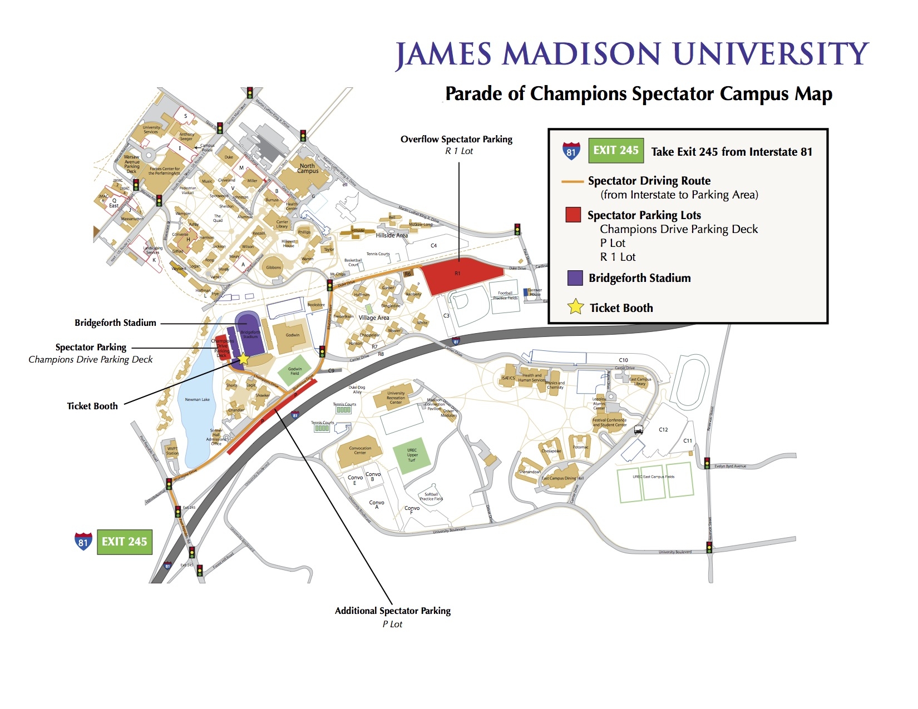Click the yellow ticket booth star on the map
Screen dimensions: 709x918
pyautogui.click(x=243, y=359)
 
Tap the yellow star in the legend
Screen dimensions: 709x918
pyautogui.click(x=575, y=308)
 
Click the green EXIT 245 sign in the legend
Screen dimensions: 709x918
pyautogui.click(x=616, y=151)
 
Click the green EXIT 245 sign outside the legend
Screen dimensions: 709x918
pyautogui.click(x=124, y=542)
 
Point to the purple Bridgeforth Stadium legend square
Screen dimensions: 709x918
pyautogui.click(x=575, y=278)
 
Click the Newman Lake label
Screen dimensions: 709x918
pyautogui.click(x=197, y=399)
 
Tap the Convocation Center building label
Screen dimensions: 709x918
pyautogui.click(x=360, y=450)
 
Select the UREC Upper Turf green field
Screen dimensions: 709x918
pyautogui.click(x=412, y=455)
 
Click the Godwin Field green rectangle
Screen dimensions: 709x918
pyautogui.click(x=294, y=371)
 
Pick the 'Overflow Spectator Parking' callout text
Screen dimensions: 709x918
pyautogui.click(x=456, y=140)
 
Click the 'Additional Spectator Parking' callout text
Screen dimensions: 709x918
pyautogui.click(x=392, y=611)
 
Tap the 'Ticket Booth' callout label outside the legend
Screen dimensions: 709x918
pyautogui.click(x=92, y=406)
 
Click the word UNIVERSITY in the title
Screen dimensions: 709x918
pyautogui.click(x=771, y=54)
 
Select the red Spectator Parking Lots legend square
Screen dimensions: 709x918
pyautogui.click(x=573, y=215)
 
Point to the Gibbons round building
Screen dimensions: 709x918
pyautogui.click(x=273, y=267)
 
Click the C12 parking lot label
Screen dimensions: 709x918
pyautogui.click(x=663, y=430)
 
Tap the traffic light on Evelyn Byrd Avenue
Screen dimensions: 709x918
pyautogui.click(x=707, y=463)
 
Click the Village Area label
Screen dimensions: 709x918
pyautogui.click(x=373, y=318)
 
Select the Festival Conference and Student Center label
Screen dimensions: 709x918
pyautogui.click(x=609, y=423)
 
